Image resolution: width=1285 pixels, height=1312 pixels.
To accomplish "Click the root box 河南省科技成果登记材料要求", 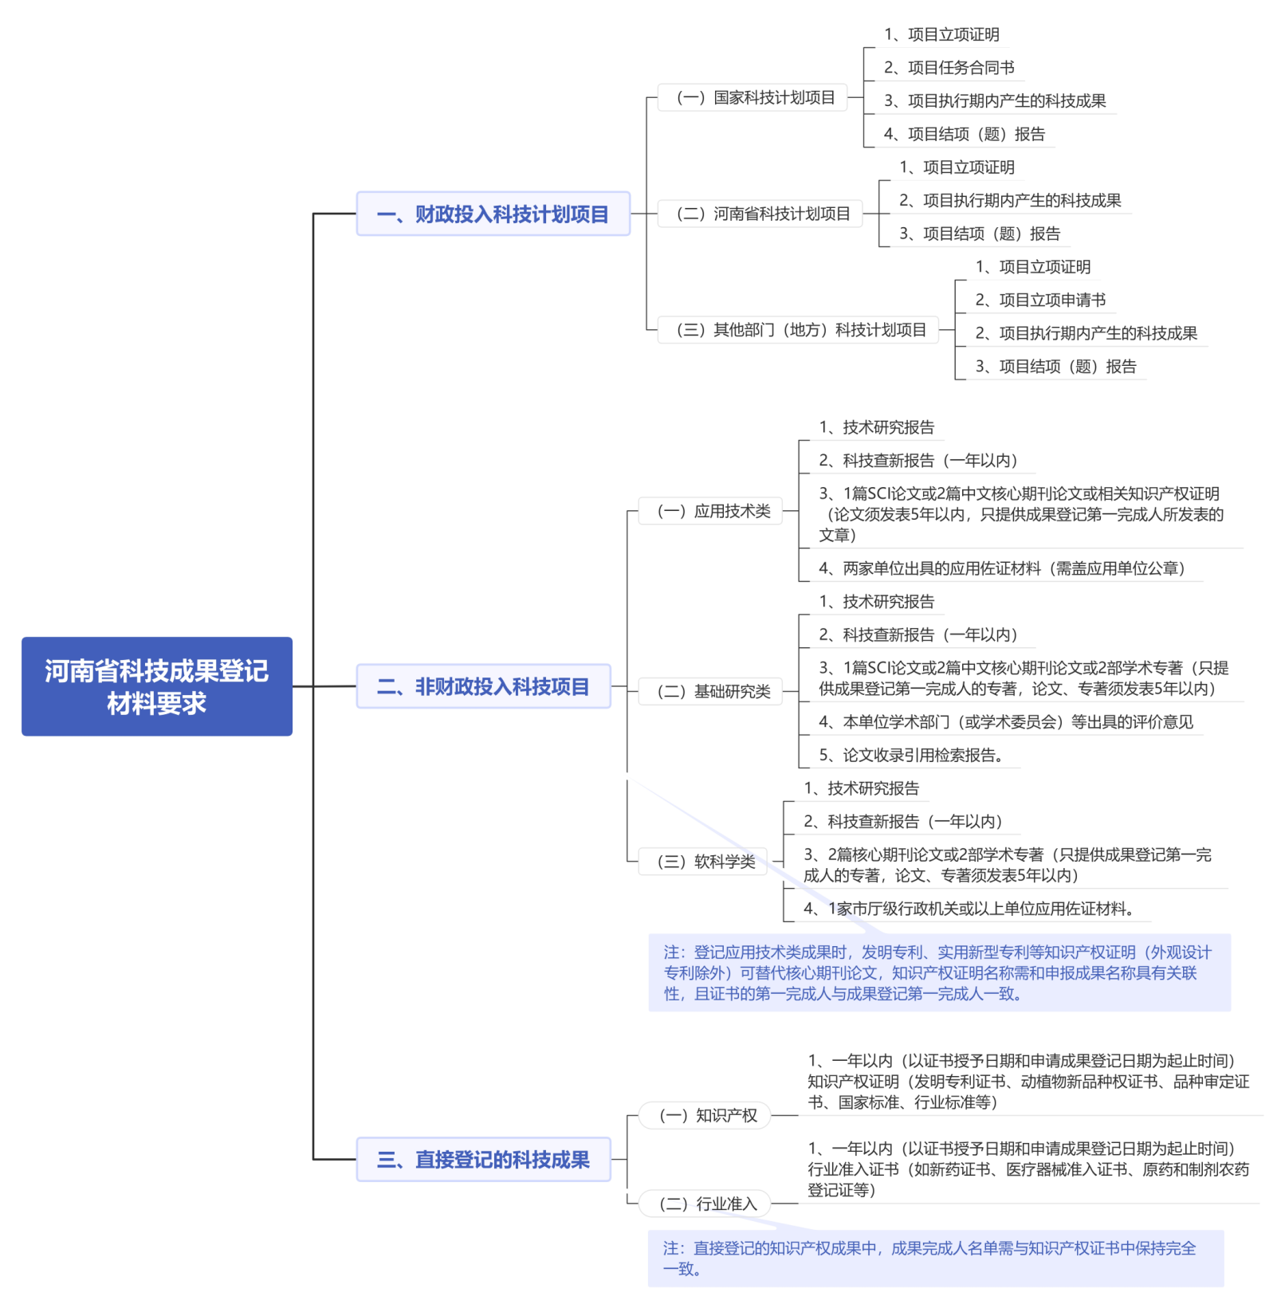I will click(156, 686).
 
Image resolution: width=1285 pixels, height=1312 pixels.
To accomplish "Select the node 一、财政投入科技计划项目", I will click(493, 214).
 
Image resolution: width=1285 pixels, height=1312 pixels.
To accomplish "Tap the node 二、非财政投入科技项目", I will click(483, 686).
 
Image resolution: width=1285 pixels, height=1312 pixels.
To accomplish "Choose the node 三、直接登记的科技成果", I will click(483, 1160).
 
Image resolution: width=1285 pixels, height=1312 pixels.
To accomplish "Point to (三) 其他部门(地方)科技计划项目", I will click(800, 330).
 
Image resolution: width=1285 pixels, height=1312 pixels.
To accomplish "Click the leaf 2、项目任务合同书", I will click(949, 68).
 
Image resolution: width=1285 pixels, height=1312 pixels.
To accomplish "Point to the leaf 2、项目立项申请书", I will click(1040, 301).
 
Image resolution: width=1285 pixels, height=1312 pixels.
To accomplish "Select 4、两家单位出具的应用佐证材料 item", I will click(1001, 568).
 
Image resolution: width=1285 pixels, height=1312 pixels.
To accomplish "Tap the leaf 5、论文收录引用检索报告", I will click(910, 755).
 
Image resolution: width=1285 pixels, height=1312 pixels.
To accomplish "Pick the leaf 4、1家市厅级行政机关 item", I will click(969, 909).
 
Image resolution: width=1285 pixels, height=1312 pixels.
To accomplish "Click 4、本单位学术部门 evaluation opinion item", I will click(1006, 722).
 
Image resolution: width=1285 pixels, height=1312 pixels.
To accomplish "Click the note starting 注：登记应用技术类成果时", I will click(939, 973).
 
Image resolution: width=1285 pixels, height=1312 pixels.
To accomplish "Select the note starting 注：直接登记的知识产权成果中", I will click(935, 1259).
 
